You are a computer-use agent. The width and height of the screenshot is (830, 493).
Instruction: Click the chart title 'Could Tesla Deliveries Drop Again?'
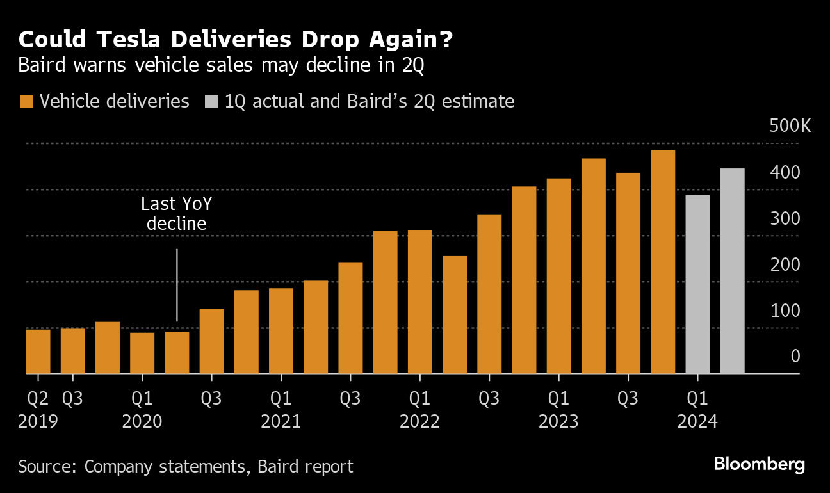(x=235, y=40)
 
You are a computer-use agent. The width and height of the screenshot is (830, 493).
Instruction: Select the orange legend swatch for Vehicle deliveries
(x=26, y=101)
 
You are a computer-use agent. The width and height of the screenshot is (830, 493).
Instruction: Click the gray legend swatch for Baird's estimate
(x=211, y=101)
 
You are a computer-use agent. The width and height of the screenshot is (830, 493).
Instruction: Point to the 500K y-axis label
(x=789, y=125)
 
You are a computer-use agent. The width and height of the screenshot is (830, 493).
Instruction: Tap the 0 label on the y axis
(x=795, y=356)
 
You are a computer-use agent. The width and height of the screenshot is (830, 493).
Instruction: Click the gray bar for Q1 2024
(x=697, y=284)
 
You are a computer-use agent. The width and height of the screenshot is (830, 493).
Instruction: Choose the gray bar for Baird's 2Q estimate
(x=732, y=271)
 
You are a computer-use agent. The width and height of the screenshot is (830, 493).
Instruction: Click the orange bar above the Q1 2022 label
(x=419, y=302)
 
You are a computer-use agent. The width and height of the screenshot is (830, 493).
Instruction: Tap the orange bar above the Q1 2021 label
(x=281, y=330)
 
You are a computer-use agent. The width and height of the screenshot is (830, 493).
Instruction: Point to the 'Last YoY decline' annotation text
(x=176, y=214)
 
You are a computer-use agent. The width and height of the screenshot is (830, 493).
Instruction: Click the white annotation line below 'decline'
(x=176, y=285)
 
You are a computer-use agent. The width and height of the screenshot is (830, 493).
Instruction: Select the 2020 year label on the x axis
(x=142, y=422)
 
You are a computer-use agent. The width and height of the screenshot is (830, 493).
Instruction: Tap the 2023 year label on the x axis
(x=558, y=422)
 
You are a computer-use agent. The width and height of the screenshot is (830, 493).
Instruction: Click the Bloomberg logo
(x=759, y=465)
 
